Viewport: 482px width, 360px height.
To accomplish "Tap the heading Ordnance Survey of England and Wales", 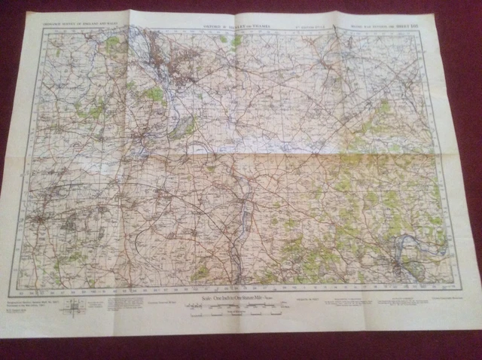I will pos(79,23).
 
